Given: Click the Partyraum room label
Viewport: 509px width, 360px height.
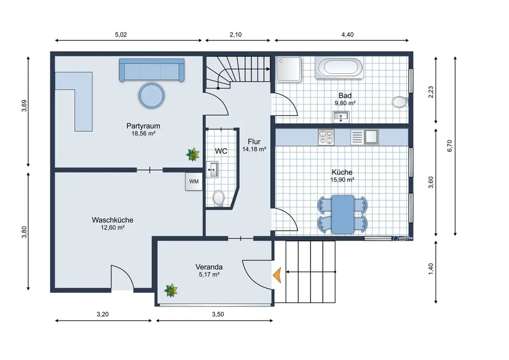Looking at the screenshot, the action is [x=143, y=126].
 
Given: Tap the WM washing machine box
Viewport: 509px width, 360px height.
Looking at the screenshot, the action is [x=194, y=181].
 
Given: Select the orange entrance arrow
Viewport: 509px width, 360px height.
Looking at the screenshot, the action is [x=276, y=275].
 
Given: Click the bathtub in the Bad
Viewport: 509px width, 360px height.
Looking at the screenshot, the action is [x=339, y=68].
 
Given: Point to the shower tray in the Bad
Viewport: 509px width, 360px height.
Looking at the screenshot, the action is [x=289, y=69].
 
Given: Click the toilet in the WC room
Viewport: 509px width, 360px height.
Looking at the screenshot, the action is [x=218, y=198].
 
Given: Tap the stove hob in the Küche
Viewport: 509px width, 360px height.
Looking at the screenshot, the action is [x=326, y=137].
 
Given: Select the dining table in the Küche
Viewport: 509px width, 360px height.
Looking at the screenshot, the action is [x=343, y=214].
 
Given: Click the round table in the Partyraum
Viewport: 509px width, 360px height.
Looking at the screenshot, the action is [x=152, y=95].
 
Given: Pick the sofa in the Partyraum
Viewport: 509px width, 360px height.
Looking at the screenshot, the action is [x=152, y=70].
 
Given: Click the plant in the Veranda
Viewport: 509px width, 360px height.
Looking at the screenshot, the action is [x=171, y=290].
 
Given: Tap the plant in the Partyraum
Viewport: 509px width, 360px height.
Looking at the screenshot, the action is [x=193, y=154].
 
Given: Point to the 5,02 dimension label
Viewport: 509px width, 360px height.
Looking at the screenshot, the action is [x=121, y=35].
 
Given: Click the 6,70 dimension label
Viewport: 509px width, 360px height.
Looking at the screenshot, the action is [x=449, y=146].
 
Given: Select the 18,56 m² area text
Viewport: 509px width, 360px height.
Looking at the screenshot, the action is [x=143, y=133].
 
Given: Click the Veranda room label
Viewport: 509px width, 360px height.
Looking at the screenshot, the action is [x=209, y=267].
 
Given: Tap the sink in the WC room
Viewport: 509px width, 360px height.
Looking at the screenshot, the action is [x=212, y=170].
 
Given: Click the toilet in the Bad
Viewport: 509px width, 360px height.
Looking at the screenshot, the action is [x=400, y=102].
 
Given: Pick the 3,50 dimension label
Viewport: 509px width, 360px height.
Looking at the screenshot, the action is [x=218, y=314].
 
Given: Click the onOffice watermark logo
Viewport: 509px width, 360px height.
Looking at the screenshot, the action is [x=403, y=238].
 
